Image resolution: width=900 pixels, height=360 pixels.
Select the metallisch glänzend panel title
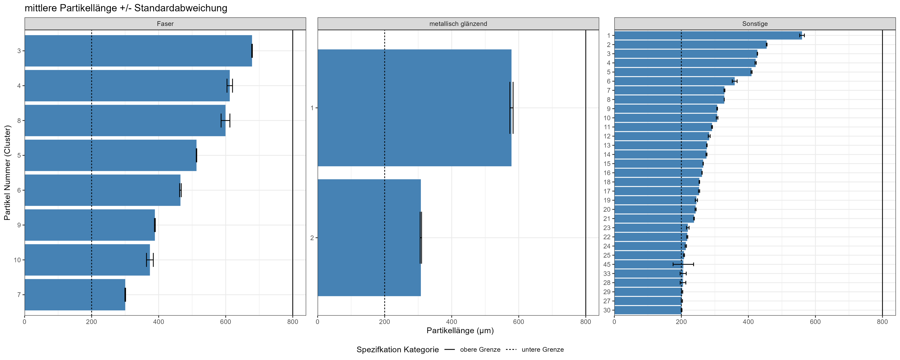(458, 24)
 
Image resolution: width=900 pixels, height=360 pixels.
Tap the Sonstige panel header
(755, 24)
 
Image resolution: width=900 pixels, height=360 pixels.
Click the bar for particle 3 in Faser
(138, 51)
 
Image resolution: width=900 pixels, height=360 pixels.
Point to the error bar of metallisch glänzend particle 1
(512, 108)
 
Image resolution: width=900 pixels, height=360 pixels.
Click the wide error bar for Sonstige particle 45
(683, 264)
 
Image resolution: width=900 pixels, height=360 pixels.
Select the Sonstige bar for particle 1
(708, 35)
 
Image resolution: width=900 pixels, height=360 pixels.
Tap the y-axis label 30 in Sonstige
(607, 310)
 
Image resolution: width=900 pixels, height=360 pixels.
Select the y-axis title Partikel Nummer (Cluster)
(7, 173)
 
